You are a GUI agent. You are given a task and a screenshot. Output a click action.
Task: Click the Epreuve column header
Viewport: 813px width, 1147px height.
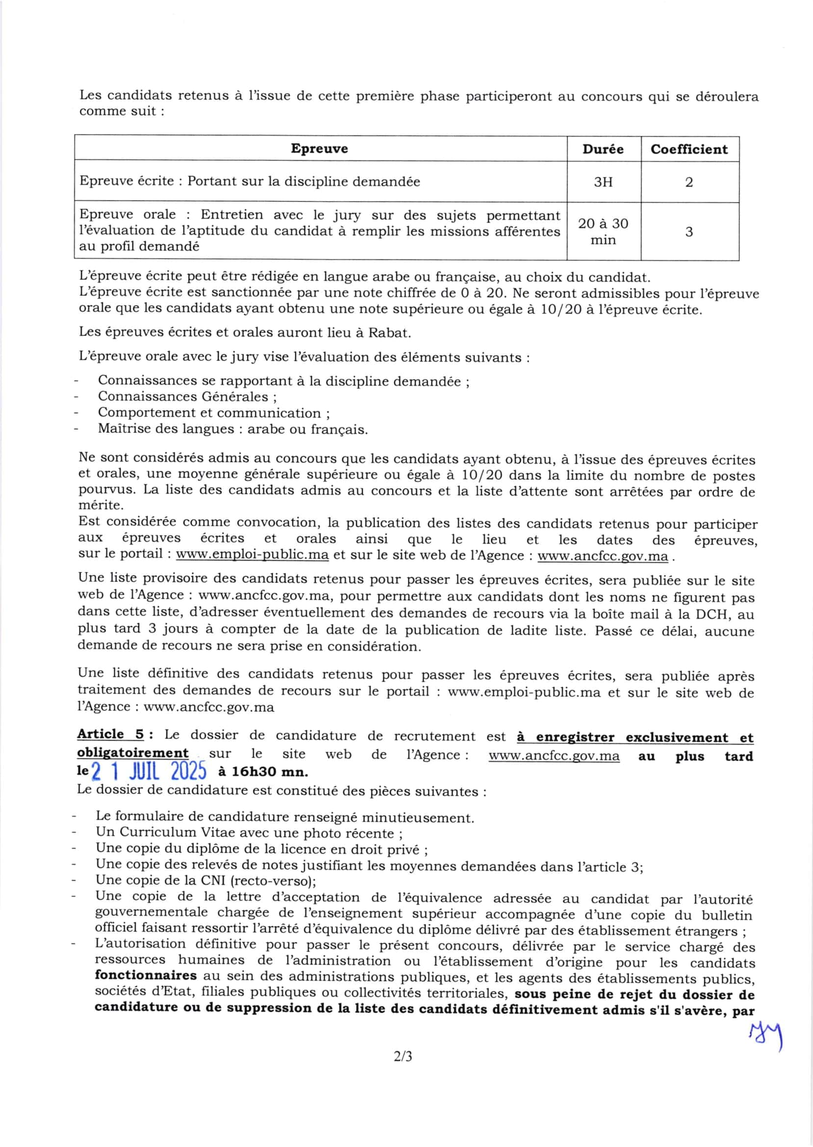319,149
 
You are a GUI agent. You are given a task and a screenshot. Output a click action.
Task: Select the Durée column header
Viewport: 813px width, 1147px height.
603,149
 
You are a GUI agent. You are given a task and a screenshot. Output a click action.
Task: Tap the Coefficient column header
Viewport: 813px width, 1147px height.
689,149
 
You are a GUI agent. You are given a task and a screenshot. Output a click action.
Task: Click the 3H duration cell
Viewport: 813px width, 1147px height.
603,182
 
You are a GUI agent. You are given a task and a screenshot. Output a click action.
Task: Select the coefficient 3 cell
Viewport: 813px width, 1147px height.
689,232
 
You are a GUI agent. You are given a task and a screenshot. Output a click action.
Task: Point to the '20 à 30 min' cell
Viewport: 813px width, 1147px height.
603,231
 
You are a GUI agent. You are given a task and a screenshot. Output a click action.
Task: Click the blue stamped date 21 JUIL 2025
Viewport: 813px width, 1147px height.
149,772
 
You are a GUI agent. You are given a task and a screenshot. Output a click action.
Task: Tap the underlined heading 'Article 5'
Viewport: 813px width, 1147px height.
110,735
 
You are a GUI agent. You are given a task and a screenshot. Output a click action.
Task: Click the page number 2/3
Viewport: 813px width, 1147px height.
403,1057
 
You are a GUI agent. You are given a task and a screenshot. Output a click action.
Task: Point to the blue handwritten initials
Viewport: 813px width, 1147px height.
765,1036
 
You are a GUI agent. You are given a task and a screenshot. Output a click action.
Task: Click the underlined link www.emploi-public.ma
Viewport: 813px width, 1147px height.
253,555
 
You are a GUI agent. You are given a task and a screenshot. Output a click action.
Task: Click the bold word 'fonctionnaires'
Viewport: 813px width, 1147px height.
145,975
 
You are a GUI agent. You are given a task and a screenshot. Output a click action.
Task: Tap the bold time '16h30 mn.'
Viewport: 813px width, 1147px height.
263,772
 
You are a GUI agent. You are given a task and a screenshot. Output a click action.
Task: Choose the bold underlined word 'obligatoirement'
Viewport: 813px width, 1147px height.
133,753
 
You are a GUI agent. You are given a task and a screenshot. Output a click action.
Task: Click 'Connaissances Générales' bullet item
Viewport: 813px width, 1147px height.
187,397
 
